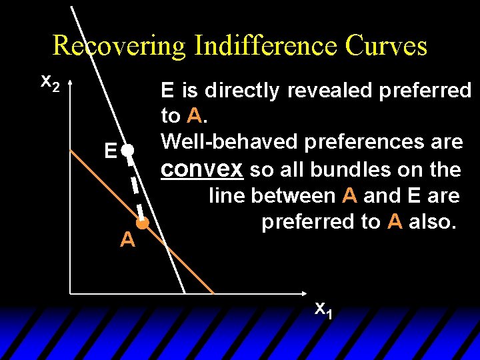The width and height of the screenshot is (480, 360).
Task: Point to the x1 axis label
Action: tap(323, 309)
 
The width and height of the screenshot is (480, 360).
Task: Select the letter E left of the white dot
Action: tap(111, 152)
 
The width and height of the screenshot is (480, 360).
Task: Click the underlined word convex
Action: tap(202, 169)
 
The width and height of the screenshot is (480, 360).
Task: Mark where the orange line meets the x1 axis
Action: tap(214, 293)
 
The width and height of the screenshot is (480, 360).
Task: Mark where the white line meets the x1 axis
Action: tap(185, 293)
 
